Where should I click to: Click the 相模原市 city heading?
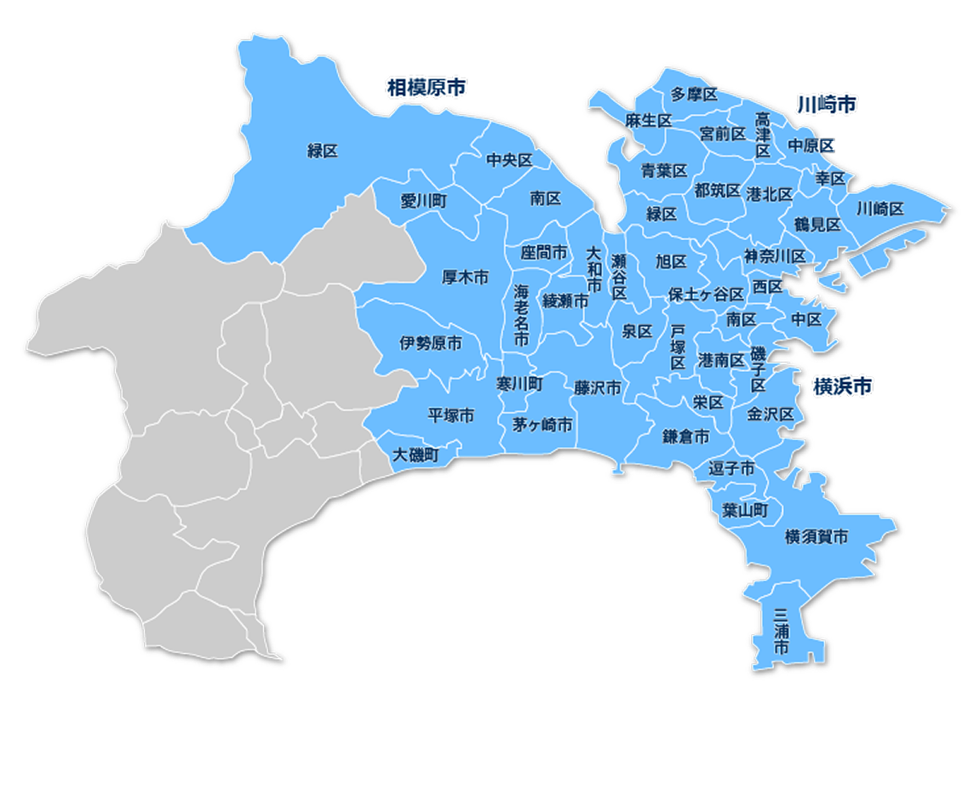pyautogui.click(x=427, y=87)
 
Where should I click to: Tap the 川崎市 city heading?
pyautogui.click(x=827, y=105)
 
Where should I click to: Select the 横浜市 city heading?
pyautogui.click(x=842, y=386)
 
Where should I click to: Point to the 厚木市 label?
pyautogui.click(x=465, y=277)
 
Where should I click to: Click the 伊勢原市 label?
pyautogui.click(x=431, y=343)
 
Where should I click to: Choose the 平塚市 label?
pyautogui.click(x=450, y=415)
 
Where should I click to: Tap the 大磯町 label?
pyautogui.click(x=415, y=455)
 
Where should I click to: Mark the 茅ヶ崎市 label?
pyautogui.click(x=542, y=425)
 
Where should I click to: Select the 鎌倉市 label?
pyautogui.click(x=686, y=437)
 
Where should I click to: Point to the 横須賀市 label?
pyautogui.click(x=816, y=536)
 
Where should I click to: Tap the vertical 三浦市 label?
pyautogui.click(x=780, y=631)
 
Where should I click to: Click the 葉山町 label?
pyautogui.click(x=745, y=509)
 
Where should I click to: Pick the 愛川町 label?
pyautogui.click(x=423, y=201)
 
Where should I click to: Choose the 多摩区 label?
pyautogui.click(x=694, y=94)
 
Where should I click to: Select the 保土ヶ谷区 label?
pyautogui.click(x=706, y=294)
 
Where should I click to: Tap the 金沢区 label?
pyautogui.click(x=771, y=415)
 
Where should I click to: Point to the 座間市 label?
pyautogui.click(x=544, y=253)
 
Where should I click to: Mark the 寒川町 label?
pyautogui.click(x=519, y=384)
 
